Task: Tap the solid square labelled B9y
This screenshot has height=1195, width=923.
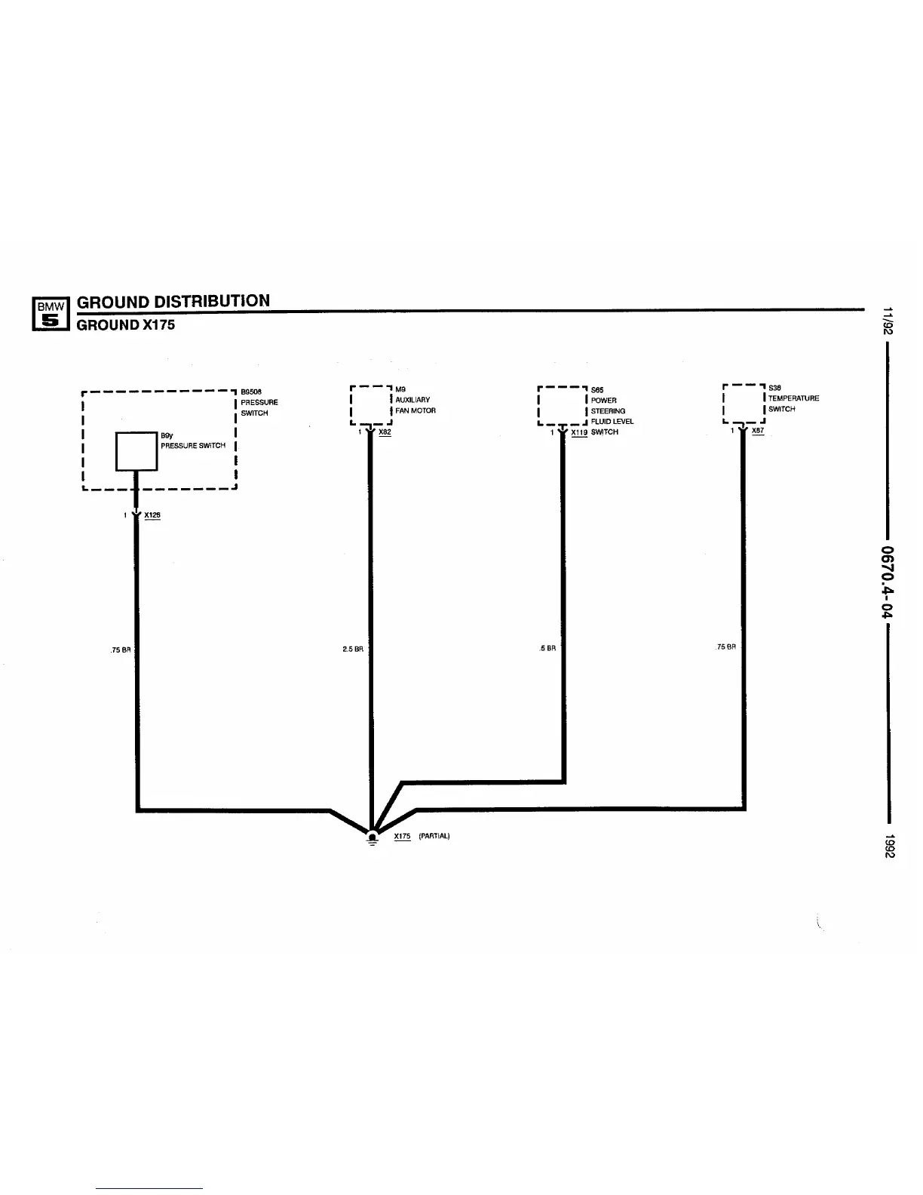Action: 136,451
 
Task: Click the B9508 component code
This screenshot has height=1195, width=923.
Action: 251,392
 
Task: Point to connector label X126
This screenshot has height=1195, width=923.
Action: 152,515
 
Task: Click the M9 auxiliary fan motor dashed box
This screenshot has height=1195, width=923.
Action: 370,405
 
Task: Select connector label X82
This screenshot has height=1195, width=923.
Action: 385,432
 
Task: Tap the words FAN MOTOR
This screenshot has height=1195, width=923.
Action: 416,411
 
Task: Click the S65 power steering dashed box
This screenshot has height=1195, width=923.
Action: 563,405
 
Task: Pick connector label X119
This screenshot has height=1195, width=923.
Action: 579,433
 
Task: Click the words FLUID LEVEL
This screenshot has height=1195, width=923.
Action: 612,422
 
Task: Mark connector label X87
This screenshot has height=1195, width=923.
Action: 758,431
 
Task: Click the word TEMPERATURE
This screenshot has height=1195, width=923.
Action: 793,398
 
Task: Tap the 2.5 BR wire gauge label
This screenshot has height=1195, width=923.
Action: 353,649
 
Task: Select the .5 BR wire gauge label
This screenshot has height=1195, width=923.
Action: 548,648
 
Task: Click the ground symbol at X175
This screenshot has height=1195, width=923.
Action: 372,837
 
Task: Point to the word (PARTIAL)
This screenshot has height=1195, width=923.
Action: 434,836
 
